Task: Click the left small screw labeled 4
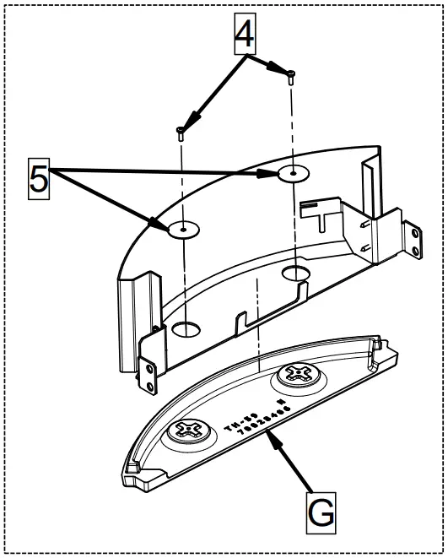pyautogui.click(x=181, y=130)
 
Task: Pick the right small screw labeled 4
pyautogui.click(x=291, y=77)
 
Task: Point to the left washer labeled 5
pyautogui.click(x=181, y=229)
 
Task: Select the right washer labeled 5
pyautogui.click(x=292, y=174)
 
